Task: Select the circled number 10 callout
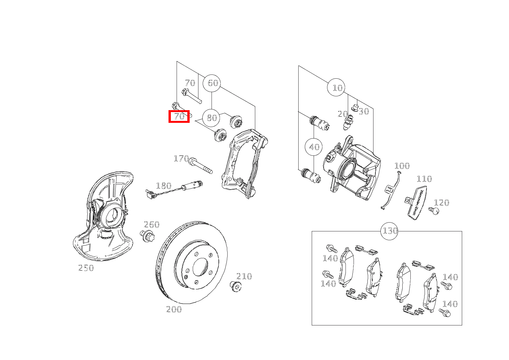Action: [337, 88]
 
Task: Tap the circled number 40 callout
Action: [314, 147]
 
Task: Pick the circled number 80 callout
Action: [212, 117]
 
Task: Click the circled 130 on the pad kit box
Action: [390, 231]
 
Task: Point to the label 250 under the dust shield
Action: [86, 268]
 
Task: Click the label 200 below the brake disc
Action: [174, 309]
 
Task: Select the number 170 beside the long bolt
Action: [181, 159]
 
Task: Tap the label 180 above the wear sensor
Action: [164, 186]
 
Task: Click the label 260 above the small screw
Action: [152, 225]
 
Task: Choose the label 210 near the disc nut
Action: [244, 276]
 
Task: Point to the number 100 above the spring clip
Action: [402, 166]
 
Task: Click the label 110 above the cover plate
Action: [424, 179]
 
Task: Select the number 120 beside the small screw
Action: [441, 203]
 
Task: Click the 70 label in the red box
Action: [179, 116]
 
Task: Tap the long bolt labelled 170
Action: [200, 165]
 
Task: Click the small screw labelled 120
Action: [433, 210]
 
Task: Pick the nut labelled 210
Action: [235, 286]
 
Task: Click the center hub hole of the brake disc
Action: [200, 266]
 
